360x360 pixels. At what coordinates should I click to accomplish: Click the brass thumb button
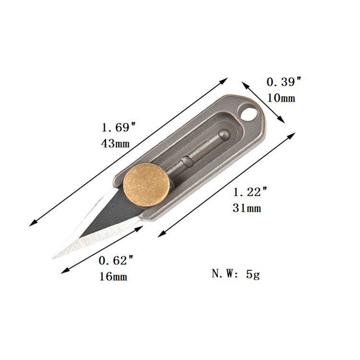tap(147, 185)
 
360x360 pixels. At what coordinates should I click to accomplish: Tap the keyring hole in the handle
tap(248, 113)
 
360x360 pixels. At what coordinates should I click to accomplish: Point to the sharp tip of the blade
tap(53, 258)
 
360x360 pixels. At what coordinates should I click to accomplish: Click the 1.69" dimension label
tap(119, 127)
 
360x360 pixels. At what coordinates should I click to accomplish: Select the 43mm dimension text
tap(115, 144)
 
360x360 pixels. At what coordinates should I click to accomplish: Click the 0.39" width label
tap(284, 82)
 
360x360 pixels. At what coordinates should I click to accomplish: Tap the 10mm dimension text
tap(281, 98)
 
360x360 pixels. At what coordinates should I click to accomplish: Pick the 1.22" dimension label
tap(250, 192)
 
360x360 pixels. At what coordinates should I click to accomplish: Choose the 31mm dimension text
tap(247, 208)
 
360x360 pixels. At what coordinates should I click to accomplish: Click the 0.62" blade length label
tap(116, 260)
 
